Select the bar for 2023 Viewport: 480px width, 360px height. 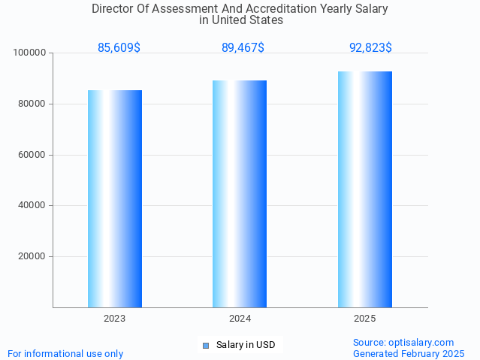[115, 198]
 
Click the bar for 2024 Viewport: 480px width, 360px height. [240, 194]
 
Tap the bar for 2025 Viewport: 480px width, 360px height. [365, 189]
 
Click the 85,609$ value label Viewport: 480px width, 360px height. [119, 47]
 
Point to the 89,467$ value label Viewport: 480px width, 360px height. [243, 47]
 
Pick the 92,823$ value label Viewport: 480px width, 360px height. [370, 47]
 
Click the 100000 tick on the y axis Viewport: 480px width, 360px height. [30, 53]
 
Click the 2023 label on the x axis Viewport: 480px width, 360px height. [115, 319]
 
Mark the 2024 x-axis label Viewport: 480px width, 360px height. [240, 319]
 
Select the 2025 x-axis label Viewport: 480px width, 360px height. [365, 319]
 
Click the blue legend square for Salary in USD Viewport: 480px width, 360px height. [205, 346]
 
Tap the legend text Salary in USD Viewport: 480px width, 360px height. [246, 346]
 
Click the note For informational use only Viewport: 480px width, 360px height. [65, 353]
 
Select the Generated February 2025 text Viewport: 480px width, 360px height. [409, 353]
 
